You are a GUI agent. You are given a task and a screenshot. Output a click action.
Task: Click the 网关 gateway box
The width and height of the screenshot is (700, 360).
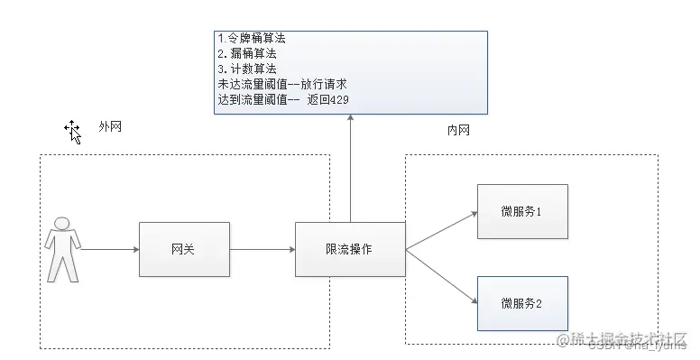tap(184, 248)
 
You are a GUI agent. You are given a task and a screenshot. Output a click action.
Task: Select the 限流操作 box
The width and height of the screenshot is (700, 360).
tap(350, 248)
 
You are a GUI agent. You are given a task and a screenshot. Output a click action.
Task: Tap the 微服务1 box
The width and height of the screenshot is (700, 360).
tap(522, 211)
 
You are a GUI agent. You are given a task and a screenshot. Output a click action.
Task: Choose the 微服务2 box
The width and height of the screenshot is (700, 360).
tap(522, 302)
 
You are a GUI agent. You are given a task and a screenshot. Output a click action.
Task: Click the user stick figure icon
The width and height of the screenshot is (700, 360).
tap(63, 248)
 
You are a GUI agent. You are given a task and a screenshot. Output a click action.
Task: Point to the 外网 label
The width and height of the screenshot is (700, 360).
tap(110, 127)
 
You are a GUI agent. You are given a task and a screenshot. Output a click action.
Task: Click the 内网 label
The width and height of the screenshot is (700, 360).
tap(458, 131)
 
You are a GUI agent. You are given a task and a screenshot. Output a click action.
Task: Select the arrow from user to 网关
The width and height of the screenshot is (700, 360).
tap(108, 248)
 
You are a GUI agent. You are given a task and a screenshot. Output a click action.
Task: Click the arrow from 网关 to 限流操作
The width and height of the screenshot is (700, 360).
tap(262, 248)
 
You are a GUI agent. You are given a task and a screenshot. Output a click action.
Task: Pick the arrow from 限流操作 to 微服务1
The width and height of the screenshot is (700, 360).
tap(440, 230)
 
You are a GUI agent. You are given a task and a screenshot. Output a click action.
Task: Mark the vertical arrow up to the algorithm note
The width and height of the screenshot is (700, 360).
tap(350, 171)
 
